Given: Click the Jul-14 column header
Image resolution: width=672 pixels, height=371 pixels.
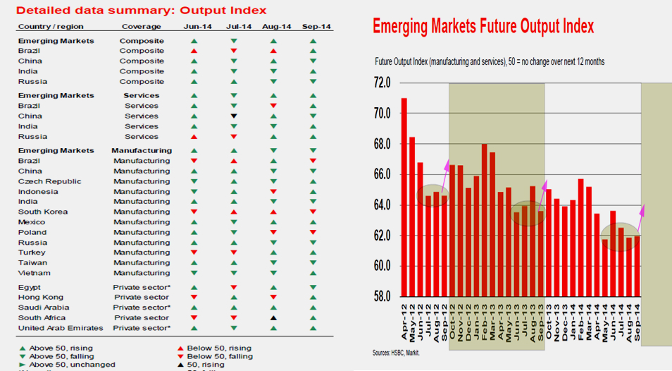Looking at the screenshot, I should click(x=239, y=26).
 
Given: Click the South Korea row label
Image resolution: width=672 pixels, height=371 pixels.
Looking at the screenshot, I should click(x=43, y=212).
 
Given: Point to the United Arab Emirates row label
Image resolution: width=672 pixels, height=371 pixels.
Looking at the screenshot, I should click(x=60, y=328).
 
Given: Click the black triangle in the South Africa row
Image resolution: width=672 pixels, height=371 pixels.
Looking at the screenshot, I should click(x=273, y=318).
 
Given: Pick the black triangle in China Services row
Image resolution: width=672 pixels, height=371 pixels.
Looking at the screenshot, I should click(x=234, y=116).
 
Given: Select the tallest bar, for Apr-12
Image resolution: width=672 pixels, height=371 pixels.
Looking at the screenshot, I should click(x=404, y=197).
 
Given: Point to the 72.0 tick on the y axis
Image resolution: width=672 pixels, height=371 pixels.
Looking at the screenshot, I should click(x=381, y=83).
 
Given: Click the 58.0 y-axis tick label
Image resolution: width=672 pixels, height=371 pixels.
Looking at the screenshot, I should click(x=381, y=296).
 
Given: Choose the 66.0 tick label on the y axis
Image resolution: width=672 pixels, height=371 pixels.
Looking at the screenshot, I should click(x=381, y=175).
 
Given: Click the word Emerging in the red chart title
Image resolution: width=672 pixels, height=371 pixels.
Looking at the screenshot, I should click(x=404, y=27).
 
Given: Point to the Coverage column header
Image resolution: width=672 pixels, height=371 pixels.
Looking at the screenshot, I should click(x=141, y=26).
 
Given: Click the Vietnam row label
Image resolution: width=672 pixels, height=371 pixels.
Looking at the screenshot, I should click(x=35, y=273).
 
